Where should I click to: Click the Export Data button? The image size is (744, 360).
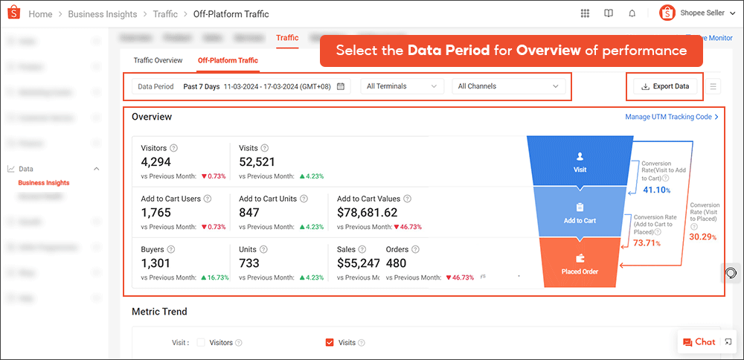664,86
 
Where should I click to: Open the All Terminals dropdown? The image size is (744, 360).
402,86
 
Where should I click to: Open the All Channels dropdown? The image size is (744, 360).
507,86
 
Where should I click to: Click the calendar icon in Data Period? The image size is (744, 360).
341,86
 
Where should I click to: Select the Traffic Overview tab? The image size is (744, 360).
158,60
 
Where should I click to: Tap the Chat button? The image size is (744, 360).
699,342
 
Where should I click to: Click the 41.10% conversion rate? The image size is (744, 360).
655,190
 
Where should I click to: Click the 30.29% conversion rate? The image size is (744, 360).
703,237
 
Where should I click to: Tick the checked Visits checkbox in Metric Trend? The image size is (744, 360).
330,343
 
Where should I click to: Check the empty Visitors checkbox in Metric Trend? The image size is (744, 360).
201,343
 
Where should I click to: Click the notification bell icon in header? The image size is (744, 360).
632,13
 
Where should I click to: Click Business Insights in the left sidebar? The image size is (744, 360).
44,183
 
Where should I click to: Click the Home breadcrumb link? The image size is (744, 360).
40,14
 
